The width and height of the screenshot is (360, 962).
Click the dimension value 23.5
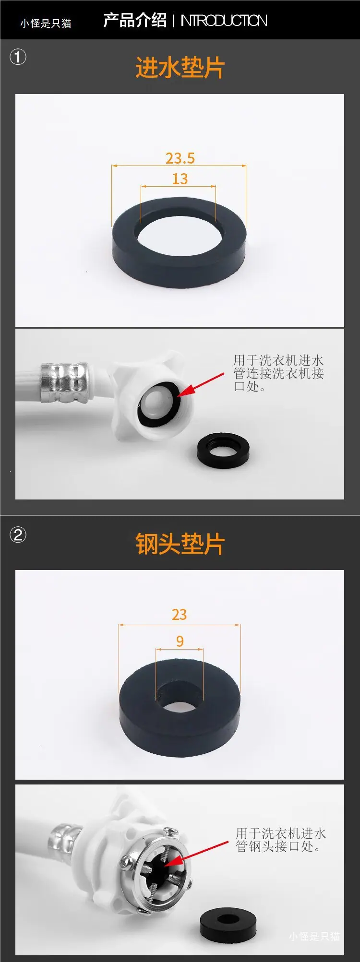coord(180,158)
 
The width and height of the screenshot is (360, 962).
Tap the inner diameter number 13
coord(180,178)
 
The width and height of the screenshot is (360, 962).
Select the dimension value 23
coord(179,615)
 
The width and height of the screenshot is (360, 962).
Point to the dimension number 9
coord(180,641)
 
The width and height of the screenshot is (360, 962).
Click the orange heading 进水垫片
coord(180,67)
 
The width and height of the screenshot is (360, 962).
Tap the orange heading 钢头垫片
coord(180,544)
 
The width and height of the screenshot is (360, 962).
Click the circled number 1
coord(18,58)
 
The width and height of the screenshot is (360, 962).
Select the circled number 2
coord(18,534)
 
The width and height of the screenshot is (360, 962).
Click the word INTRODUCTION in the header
coord(224,21)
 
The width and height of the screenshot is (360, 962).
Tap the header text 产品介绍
coord(135,20)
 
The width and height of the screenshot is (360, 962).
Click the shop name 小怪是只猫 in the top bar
coord(46,23)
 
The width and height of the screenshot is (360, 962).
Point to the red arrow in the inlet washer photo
coord(201,384)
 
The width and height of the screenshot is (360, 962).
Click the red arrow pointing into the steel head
coord(196,854)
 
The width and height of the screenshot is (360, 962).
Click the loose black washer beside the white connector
coord(223,451)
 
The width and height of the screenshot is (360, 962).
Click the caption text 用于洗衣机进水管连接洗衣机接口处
coord(278,373)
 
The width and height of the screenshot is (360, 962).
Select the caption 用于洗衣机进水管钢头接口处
coord(280,840)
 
